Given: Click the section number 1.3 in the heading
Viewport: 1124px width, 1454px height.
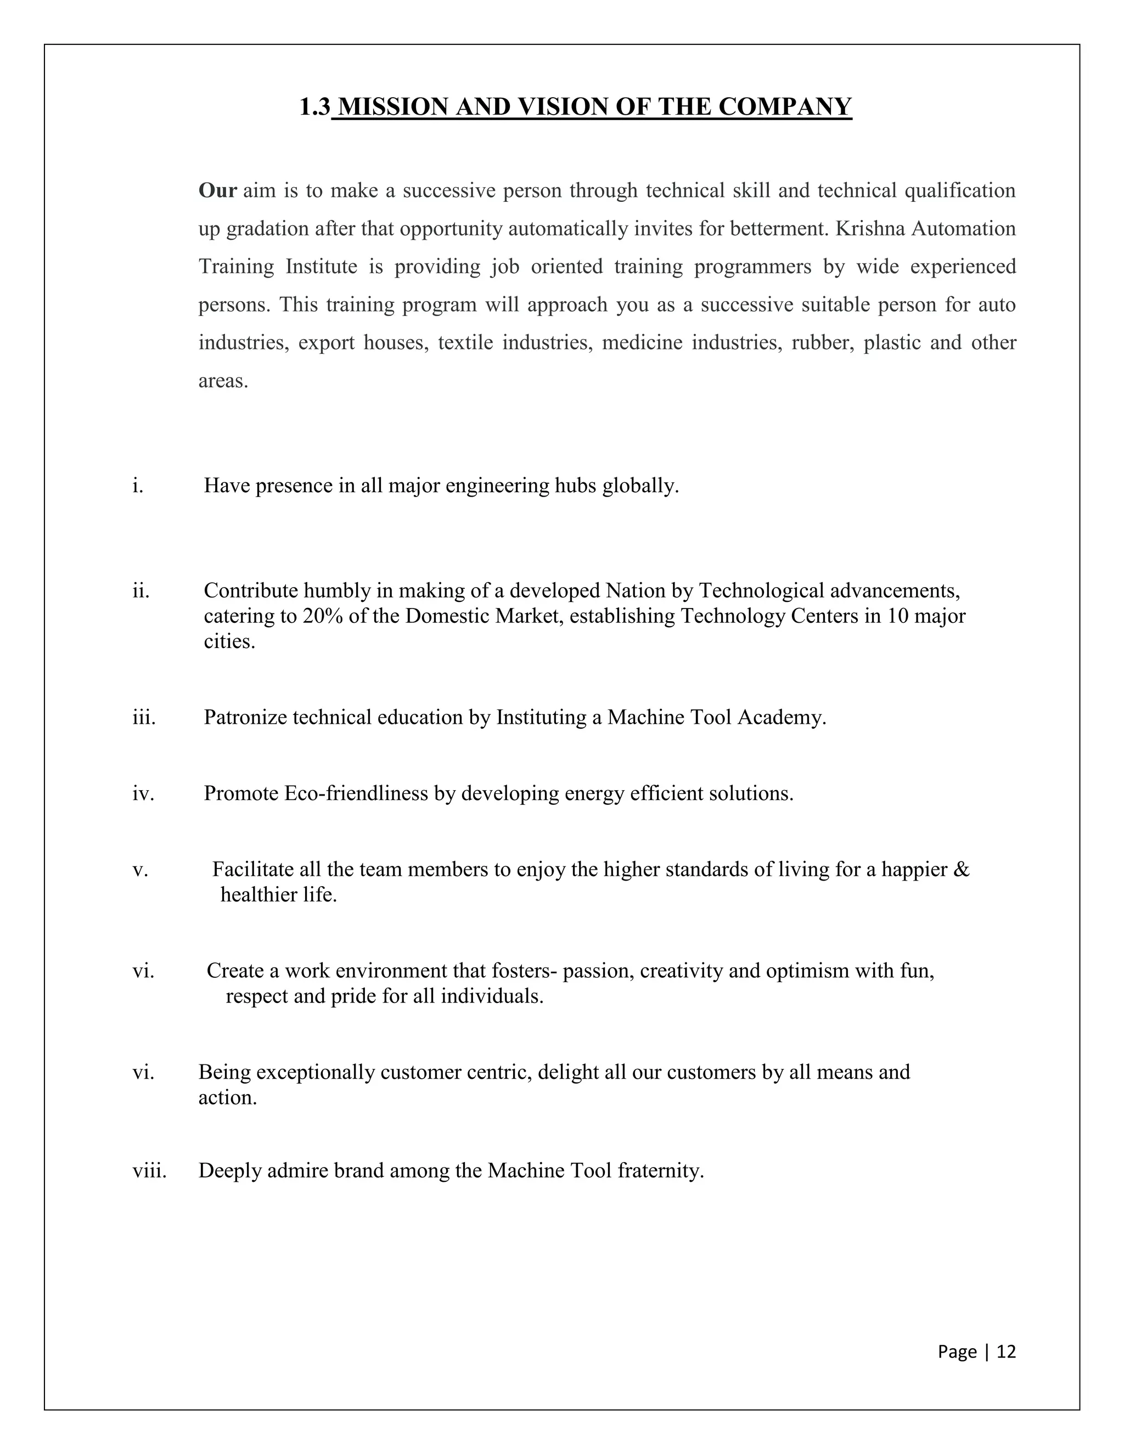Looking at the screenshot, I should (x=314, y=107).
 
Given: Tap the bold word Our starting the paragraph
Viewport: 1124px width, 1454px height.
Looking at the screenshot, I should (x=217, y=190).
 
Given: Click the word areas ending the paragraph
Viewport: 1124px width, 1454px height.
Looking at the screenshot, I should (x=223, y=381).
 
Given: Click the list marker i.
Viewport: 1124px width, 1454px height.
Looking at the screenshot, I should (x=137, y=486).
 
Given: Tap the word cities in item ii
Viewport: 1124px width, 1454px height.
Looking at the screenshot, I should (x=229, y=642).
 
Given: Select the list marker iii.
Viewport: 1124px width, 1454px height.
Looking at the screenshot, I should (x=144, y=717).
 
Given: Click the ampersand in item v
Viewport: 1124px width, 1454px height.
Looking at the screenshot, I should (x=962, y=870).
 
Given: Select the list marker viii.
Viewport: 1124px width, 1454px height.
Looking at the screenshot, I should (x=149, y=1170).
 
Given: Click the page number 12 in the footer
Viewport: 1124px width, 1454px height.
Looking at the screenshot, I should (x=1006, y=1351).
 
